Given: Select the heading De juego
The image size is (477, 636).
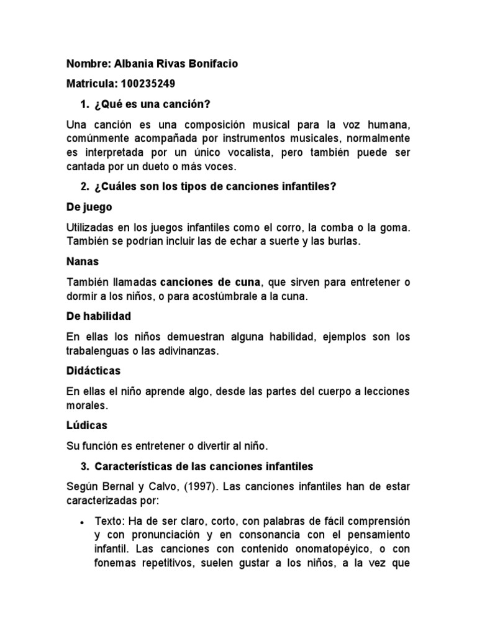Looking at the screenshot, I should coord(89,207).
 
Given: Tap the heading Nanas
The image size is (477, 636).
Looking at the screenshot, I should coord(83,262).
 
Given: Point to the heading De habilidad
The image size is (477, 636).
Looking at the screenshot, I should coord(98,316).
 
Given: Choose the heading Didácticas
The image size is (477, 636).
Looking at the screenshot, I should coord(93,370).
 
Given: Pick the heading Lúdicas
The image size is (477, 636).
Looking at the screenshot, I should coord(86,425).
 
